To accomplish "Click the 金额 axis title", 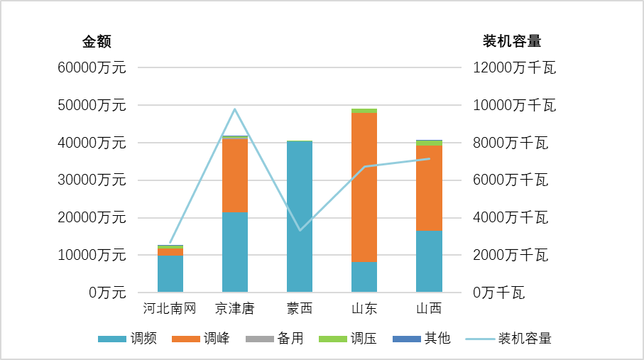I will click(x=97, y=41).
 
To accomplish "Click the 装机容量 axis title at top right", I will click(x=512, y=41).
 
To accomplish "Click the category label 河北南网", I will click(x=170, y=309).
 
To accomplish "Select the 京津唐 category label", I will click(x=234, y=309).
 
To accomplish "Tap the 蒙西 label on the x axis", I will click(x=299, y=309).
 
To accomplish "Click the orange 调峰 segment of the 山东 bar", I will click(x=364, y=187).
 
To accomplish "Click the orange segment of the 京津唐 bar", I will click(x=234, y=175).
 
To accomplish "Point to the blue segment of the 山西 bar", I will click(x=429, y=261).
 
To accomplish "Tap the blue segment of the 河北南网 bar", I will click(x=170, y=273).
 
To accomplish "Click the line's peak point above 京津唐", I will click(x=234, y=109).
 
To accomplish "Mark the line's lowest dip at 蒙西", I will click(x=300, y=230).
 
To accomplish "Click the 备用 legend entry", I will click(x=275, y=339).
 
